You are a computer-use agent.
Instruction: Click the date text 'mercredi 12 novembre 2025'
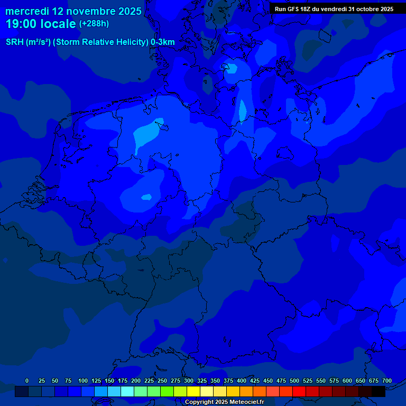73,11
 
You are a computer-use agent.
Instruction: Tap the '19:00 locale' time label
41,24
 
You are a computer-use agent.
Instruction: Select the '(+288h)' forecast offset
94,24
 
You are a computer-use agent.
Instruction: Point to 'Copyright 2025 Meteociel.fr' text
224,402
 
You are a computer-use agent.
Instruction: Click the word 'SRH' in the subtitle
15,42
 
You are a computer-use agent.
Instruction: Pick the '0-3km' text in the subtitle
163,42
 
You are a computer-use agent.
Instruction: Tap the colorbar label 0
27,381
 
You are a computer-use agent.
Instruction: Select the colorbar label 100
83,381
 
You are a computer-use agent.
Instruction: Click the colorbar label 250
162,381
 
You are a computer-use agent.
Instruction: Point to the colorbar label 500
294,381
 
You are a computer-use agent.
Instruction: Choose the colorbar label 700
387,381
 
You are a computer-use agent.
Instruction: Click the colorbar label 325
202,381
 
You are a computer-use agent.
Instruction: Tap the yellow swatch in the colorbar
193,392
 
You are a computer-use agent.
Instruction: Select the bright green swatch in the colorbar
167,392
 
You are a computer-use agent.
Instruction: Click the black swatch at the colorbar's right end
379,392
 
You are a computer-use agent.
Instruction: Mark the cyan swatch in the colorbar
127,392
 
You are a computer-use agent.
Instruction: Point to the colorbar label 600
347,381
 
